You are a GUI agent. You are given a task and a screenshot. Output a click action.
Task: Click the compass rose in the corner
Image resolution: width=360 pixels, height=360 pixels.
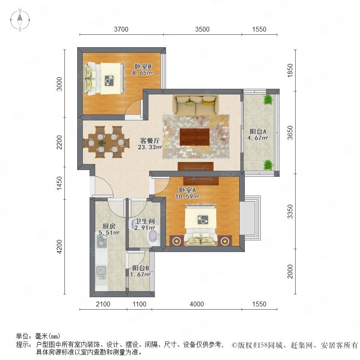tap(20, 20)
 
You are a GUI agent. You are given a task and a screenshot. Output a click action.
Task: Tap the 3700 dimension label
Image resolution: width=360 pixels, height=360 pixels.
tap(121, 29)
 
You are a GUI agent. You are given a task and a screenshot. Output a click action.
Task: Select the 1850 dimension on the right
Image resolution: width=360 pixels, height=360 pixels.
tap(290, 70)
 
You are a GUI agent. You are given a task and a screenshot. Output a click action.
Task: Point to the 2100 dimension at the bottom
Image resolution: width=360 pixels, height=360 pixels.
tap(103, 304)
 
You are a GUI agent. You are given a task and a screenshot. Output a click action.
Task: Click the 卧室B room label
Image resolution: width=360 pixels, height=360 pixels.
tap(143, 66)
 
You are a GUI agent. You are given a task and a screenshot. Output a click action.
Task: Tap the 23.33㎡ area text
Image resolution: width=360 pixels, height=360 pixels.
tap(150, 147)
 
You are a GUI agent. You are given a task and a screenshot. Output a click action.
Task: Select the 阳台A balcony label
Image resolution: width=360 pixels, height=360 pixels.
tap(258, 132)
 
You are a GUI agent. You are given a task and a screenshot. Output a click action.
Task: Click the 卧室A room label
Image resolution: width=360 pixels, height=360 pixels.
tap(187, 190)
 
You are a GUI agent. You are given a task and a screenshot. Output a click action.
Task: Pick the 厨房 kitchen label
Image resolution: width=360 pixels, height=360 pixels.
tap(109, 226)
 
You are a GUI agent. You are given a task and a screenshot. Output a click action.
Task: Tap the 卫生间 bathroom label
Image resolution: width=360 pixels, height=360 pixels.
tap(145, 221)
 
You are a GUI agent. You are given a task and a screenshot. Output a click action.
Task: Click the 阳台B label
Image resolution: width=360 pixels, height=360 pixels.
tap(140, 268)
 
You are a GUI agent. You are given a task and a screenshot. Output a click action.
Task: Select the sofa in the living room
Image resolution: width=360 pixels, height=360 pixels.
tap(196, 105)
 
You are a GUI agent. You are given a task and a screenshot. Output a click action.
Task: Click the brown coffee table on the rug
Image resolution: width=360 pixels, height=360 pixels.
tap(195, 137)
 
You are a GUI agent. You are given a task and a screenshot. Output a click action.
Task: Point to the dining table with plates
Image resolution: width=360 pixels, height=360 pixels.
tap(107, 143)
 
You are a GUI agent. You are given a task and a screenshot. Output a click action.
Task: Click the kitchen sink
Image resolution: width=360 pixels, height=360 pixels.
tap(101, 271)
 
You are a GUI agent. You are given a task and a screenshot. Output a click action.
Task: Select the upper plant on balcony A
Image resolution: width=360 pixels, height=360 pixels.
tap(268, 100)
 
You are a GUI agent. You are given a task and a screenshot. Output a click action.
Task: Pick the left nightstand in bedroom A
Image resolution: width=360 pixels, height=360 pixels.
tap(176, 241)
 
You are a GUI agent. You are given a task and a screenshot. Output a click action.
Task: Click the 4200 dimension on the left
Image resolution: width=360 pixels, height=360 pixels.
tap(59, 246)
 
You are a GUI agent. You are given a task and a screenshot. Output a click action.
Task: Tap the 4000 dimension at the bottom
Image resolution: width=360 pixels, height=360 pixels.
tap(197, 304)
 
